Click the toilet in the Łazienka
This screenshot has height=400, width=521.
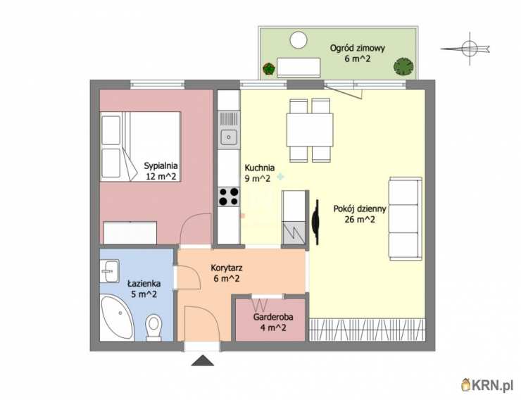point(153,327)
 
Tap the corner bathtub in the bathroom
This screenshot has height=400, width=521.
point(117,318)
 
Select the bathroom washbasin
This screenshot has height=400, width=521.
point(109,270)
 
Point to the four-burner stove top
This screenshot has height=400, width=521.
point(229,196)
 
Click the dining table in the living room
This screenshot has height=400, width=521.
point(310,130)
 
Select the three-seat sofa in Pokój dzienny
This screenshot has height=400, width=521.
point(406,218)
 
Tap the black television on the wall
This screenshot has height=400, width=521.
point(315,222)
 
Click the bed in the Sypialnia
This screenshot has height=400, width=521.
point(141,146)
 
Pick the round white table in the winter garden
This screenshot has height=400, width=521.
point(298,40)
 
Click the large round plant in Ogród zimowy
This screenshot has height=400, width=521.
point(403,66)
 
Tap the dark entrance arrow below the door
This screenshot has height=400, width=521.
point(202,361)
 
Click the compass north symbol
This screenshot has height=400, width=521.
point(468,49)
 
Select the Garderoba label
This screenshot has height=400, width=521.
point(273,317)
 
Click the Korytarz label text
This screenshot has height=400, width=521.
point(227,268)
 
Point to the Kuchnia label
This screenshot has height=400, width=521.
point(260,168)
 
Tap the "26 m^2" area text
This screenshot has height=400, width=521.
point(360,219)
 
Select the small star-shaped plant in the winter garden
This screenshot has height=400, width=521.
point(269,69)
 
